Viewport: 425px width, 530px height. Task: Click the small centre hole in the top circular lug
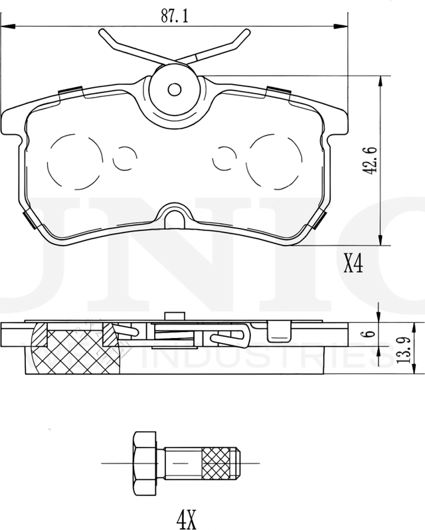pos(175,89)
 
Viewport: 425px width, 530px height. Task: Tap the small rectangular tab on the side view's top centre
pos(174,317)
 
